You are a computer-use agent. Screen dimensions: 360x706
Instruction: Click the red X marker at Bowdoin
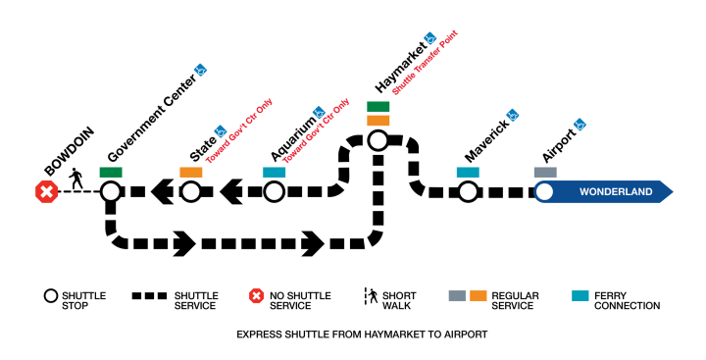[x=45, y=191]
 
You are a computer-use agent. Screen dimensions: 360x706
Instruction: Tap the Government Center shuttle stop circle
[x=110, y=191]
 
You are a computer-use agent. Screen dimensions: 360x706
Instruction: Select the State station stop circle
[x=190, y=191]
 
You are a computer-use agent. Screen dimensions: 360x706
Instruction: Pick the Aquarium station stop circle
[x=274, y=191]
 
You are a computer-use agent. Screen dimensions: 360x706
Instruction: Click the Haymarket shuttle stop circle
[x=378, y=140]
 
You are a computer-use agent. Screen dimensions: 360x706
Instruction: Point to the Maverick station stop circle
[x=468, y=191]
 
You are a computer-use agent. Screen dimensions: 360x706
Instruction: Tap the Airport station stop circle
[x=544, y=191]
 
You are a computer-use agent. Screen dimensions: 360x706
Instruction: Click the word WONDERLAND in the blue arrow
[x=616, y=192]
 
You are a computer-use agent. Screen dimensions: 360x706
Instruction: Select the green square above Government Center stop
[x=110, y=173]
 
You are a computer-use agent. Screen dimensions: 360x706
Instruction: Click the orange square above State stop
[x=190, y=173]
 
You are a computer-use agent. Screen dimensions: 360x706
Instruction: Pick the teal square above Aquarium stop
[x=274, y=173]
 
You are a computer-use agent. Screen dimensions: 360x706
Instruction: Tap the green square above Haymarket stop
[x=378, y=106]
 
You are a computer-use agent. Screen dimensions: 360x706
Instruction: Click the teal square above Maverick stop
[x=468, y=173]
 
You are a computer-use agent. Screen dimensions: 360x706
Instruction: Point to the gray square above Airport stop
[x=545, y=173]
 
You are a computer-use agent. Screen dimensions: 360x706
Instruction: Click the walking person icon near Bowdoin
[x=77, y=180]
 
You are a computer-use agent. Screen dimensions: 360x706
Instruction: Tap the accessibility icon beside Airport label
[x=580, y=125]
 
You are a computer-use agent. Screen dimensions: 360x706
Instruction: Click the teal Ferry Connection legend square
[x=580, y=294]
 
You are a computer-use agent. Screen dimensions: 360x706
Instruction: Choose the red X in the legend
[x=256, y=295]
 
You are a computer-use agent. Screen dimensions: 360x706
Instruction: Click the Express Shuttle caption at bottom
[x=362, y=334]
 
